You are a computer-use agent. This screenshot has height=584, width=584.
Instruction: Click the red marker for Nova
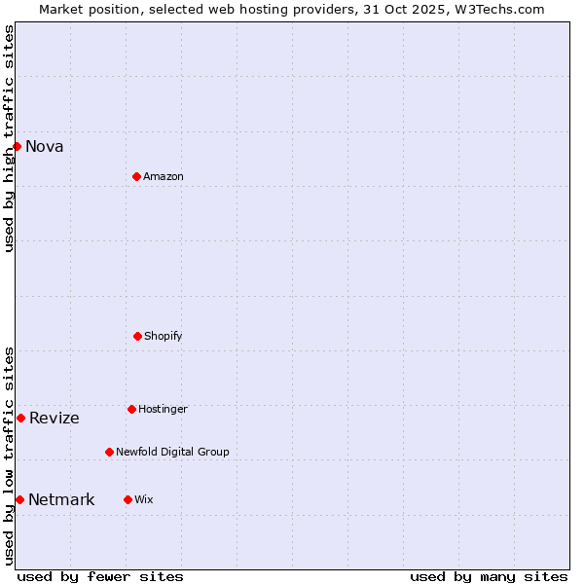pyautogui.click(x=17, y=146)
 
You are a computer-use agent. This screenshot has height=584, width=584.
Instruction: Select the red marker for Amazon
pyautogui.click(x=136, y=176)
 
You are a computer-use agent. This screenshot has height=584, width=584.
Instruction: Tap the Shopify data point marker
pyautogui.click(x=137, y=336)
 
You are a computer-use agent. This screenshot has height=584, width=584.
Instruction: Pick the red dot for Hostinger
pyautogui.click(x=131, y=409)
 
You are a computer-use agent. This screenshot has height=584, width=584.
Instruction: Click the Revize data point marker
pyautogui.click(x=20, y=418)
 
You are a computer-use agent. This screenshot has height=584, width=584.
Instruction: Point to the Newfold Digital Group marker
pyautogui.click(x=109, y=452)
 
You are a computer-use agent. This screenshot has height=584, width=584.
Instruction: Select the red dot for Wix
pyautogui.click(x=128, y=499)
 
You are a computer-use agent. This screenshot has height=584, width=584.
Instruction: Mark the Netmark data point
pyautogui.click(x=19, y=499)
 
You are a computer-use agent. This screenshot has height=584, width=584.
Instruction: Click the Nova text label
pyautogui.click(x=45, y=147)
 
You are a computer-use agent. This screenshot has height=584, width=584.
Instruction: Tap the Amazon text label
pyautogui.click(x=164, y=177)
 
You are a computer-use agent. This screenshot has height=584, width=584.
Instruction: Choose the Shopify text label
pyautogui.click(x=164, y=337)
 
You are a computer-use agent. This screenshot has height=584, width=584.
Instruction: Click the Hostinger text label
pyautogui.click(x=163, y=410)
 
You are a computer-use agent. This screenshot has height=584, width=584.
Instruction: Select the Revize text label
pyautogui.click(x=55, y=419)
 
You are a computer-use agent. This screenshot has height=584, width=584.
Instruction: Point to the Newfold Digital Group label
pyautogui.click(x=172, y=453)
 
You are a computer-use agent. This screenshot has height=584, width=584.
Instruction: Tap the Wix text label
pyautogui.click(x=144, y=500)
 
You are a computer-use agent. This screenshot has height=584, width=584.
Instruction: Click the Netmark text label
pyautogui.click(x=61, y=500)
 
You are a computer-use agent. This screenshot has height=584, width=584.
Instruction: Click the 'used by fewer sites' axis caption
pyautogui.click(x=100, y=576)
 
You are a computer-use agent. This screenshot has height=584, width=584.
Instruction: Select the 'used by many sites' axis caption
pyautogui.click(x=489, y=576)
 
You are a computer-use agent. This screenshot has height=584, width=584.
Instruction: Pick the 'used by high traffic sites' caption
pyautogui.click(x=9, y=138)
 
